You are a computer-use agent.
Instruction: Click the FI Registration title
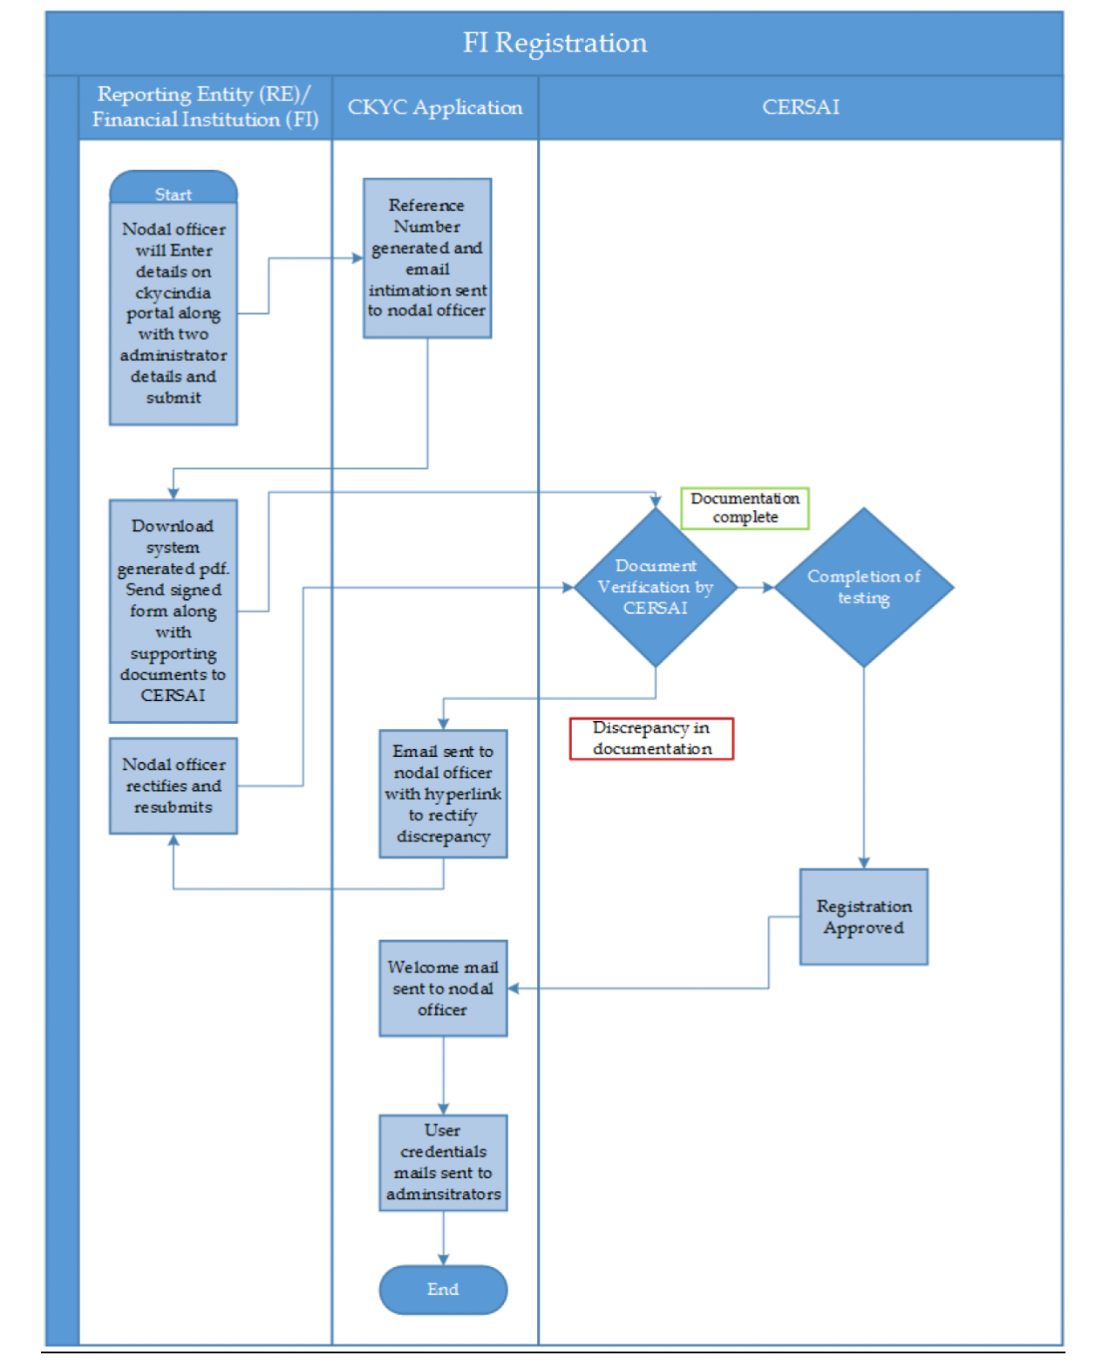point(555,43)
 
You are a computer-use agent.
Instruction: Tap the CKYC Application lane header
point(435,107)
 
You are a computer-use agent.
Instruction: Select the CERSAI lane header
point(800,107)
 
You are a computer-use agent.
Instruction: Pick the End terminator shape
point(443,1289)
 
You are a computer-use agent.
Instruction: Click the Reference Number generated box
point(427,258)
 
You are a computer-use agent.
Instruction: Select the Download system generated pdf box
point(174,610)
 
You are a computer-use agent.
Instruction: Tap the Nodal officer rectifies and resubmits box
point(174,786)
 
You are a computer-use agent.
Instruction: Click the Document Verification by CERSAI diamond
point(656,587)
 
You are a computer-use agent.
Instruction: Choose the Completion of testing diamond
point(863,587)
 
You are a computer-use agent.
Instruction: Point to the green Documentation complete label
point(745,507)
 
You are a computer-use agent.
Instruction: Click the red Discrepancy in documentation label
point(651,738)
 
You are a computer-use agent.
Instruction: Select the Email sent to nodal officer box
point(443,793)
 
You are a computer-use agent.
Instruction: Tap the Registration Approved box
point(863,916)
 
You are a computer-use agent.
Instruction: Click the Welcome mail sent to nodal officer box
point(443,988)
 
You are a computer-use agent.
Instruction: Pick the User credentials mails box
point(443,1162)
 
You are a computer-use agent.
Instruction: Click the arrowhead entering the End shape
point(443,1259)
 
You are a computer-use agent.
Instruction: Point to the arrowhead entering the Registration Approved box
point(863,862)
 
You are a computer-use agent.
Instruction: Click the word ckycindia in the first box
point(174,293)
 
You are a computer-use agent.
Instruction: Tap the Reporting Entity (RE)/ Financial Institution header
point(206,107)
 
